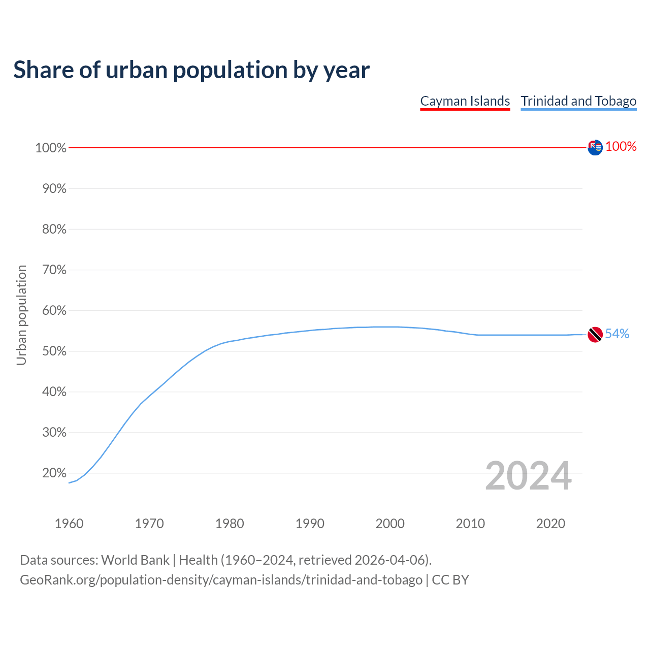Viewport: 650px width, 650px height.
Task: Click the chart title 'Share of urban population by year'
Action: (x=191, y=70)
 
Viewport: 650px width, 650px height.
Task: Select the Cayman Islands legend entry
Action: (x=465, y=101)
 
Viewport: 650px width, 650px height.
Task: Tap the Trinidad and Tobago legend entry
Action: (x=578, y=101)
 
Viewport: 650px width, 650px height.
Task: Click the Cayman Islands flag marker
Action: (x=595, y=147)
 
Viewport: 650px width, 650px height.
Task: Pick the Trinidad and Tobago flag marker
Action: (x=595, y=334)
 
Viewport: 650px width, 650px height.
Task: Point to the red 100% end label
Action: (x=621, y=146)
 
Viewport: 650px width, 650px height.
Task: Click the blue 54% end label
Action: (x=617, y=334)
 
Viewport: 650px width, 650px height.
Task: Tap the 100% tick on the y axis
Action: (x=51, y=148)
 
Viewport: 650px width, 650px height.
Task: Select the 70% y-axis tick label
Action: (x=54, y=270)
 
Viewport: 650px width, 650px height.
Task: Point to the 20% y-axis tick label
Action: (x=54, y=473)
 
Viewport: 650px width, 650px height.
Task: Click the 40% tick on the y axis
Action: (x=54, y=392)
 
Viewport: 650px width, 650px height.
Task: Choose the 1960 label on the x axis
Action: (x=69, y=523)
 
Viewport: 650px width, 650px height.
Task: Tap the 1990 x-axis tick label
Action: (x=310, y=523)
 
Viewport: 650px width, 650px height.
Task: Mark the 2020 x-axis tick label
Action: (x=550, y=523)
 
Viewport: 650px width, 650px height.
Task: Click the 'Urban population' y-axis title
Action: (x=21, y=315)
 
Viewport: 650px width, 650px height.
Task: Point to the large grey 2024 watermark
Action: (x=528, y=476)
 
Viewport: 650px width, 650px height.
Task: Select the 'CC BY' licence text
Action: (x=450, y=579)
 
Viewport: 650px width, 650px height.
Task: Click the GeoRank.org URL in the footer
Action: (x=221, y=579)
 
